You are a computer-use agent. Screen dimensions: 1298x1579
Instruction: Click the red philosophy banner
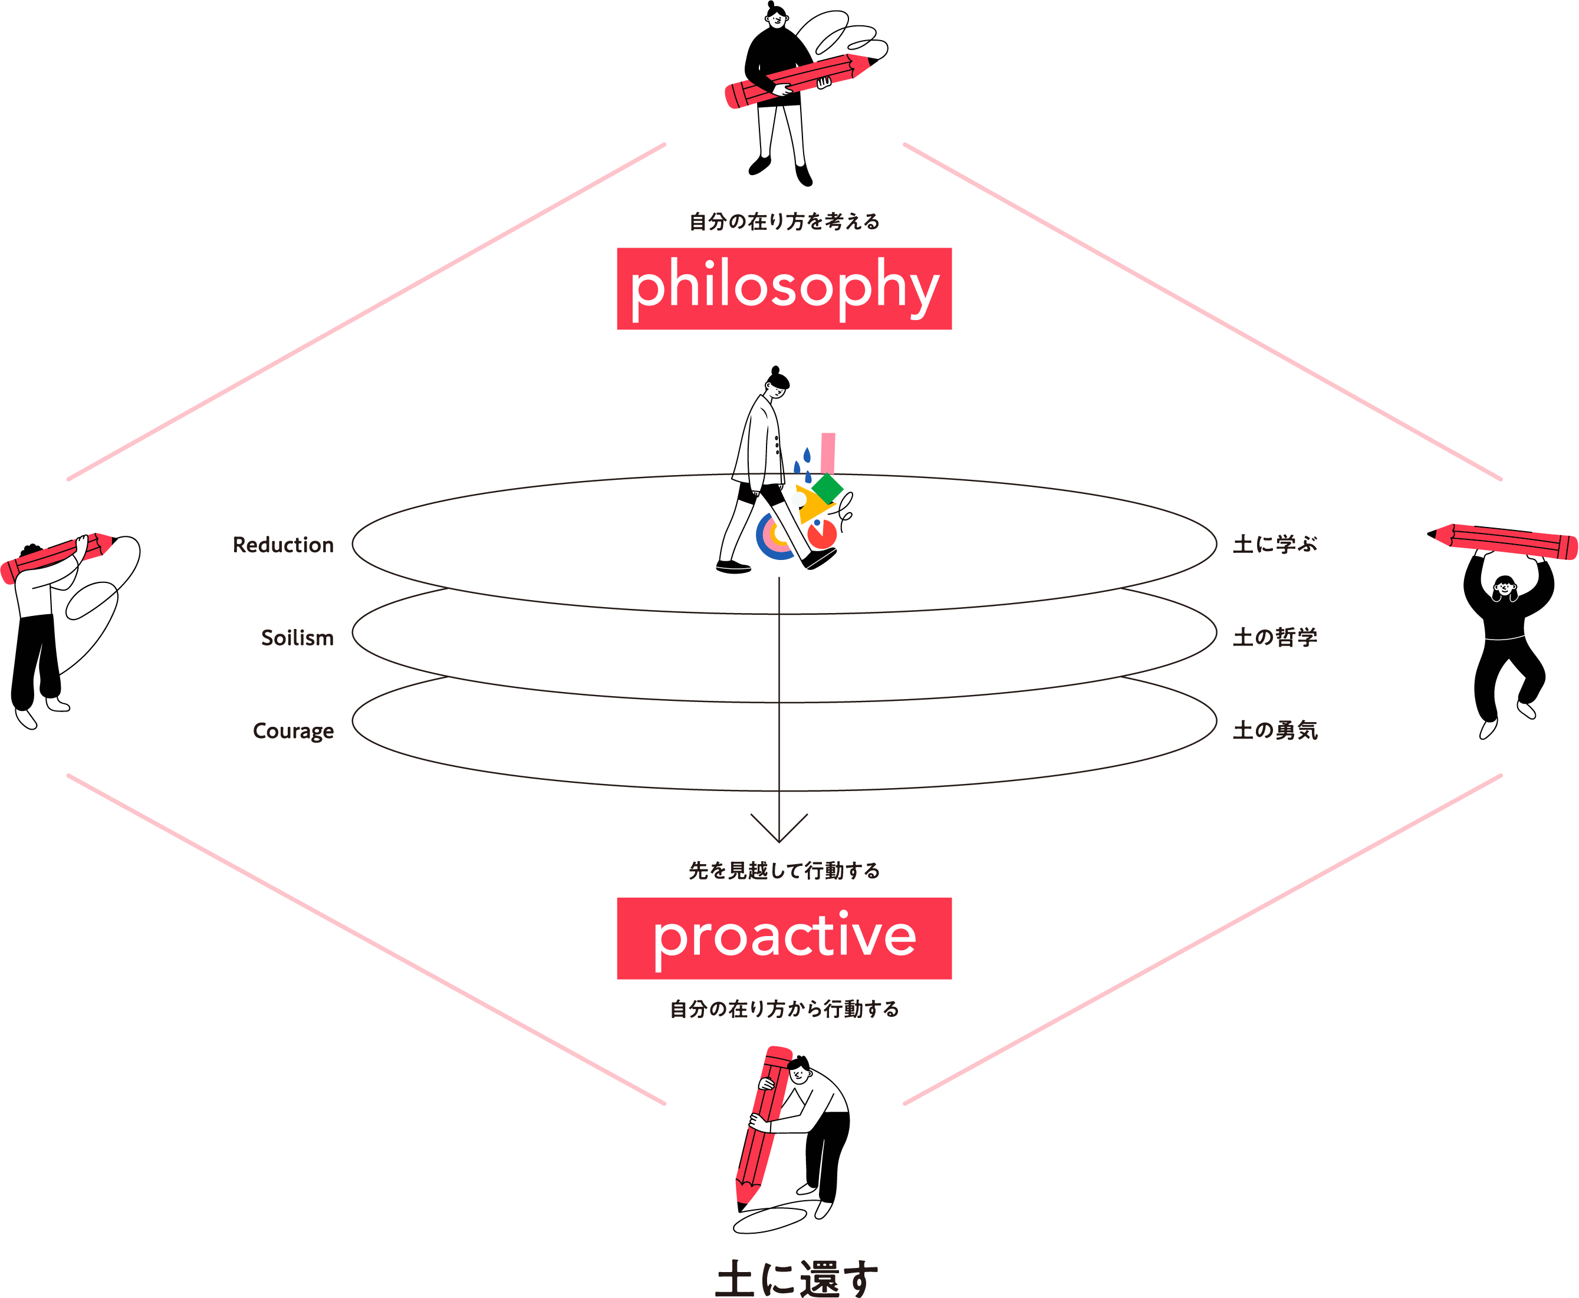click(783, 289)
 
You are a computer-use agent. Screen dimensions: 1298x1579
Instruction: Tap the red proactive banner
click(783, 938)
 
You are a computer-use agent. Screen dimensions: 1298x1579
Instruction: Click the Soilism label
click(297, 638)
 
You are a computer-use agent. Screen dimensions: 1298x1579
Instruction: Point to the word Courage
click(292, 730)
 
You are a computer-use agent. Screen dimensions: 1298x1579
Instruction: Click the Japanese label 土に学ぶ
click(1275, 544)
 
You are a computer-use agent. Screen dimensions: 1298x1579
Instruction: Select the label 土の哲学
click(1275, 637)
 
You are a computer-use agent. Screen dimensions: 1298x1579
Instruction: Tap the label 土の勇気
click(1275, 730)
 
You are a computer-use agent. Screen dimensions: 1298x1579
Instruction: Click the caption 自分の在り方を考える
click(783, 221)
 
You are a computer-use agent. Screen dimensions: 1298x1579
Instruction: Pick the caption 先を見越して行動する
click(783, 870)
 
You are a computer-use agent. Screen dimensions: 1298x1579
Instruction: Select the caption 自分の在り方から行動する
click(783, 1009)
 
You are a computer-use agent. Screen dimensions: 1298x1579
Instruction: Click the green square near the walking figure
click(827, 487)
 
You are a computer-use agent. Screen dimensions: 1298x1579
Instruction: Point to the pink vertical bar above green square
click(827, 452)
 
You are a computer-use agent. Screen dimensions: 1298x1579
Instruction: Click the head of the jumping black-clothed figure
click(1504, 587)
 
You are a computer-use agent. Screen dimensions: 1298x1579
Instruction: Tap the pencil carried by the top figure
click(800, 80)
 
